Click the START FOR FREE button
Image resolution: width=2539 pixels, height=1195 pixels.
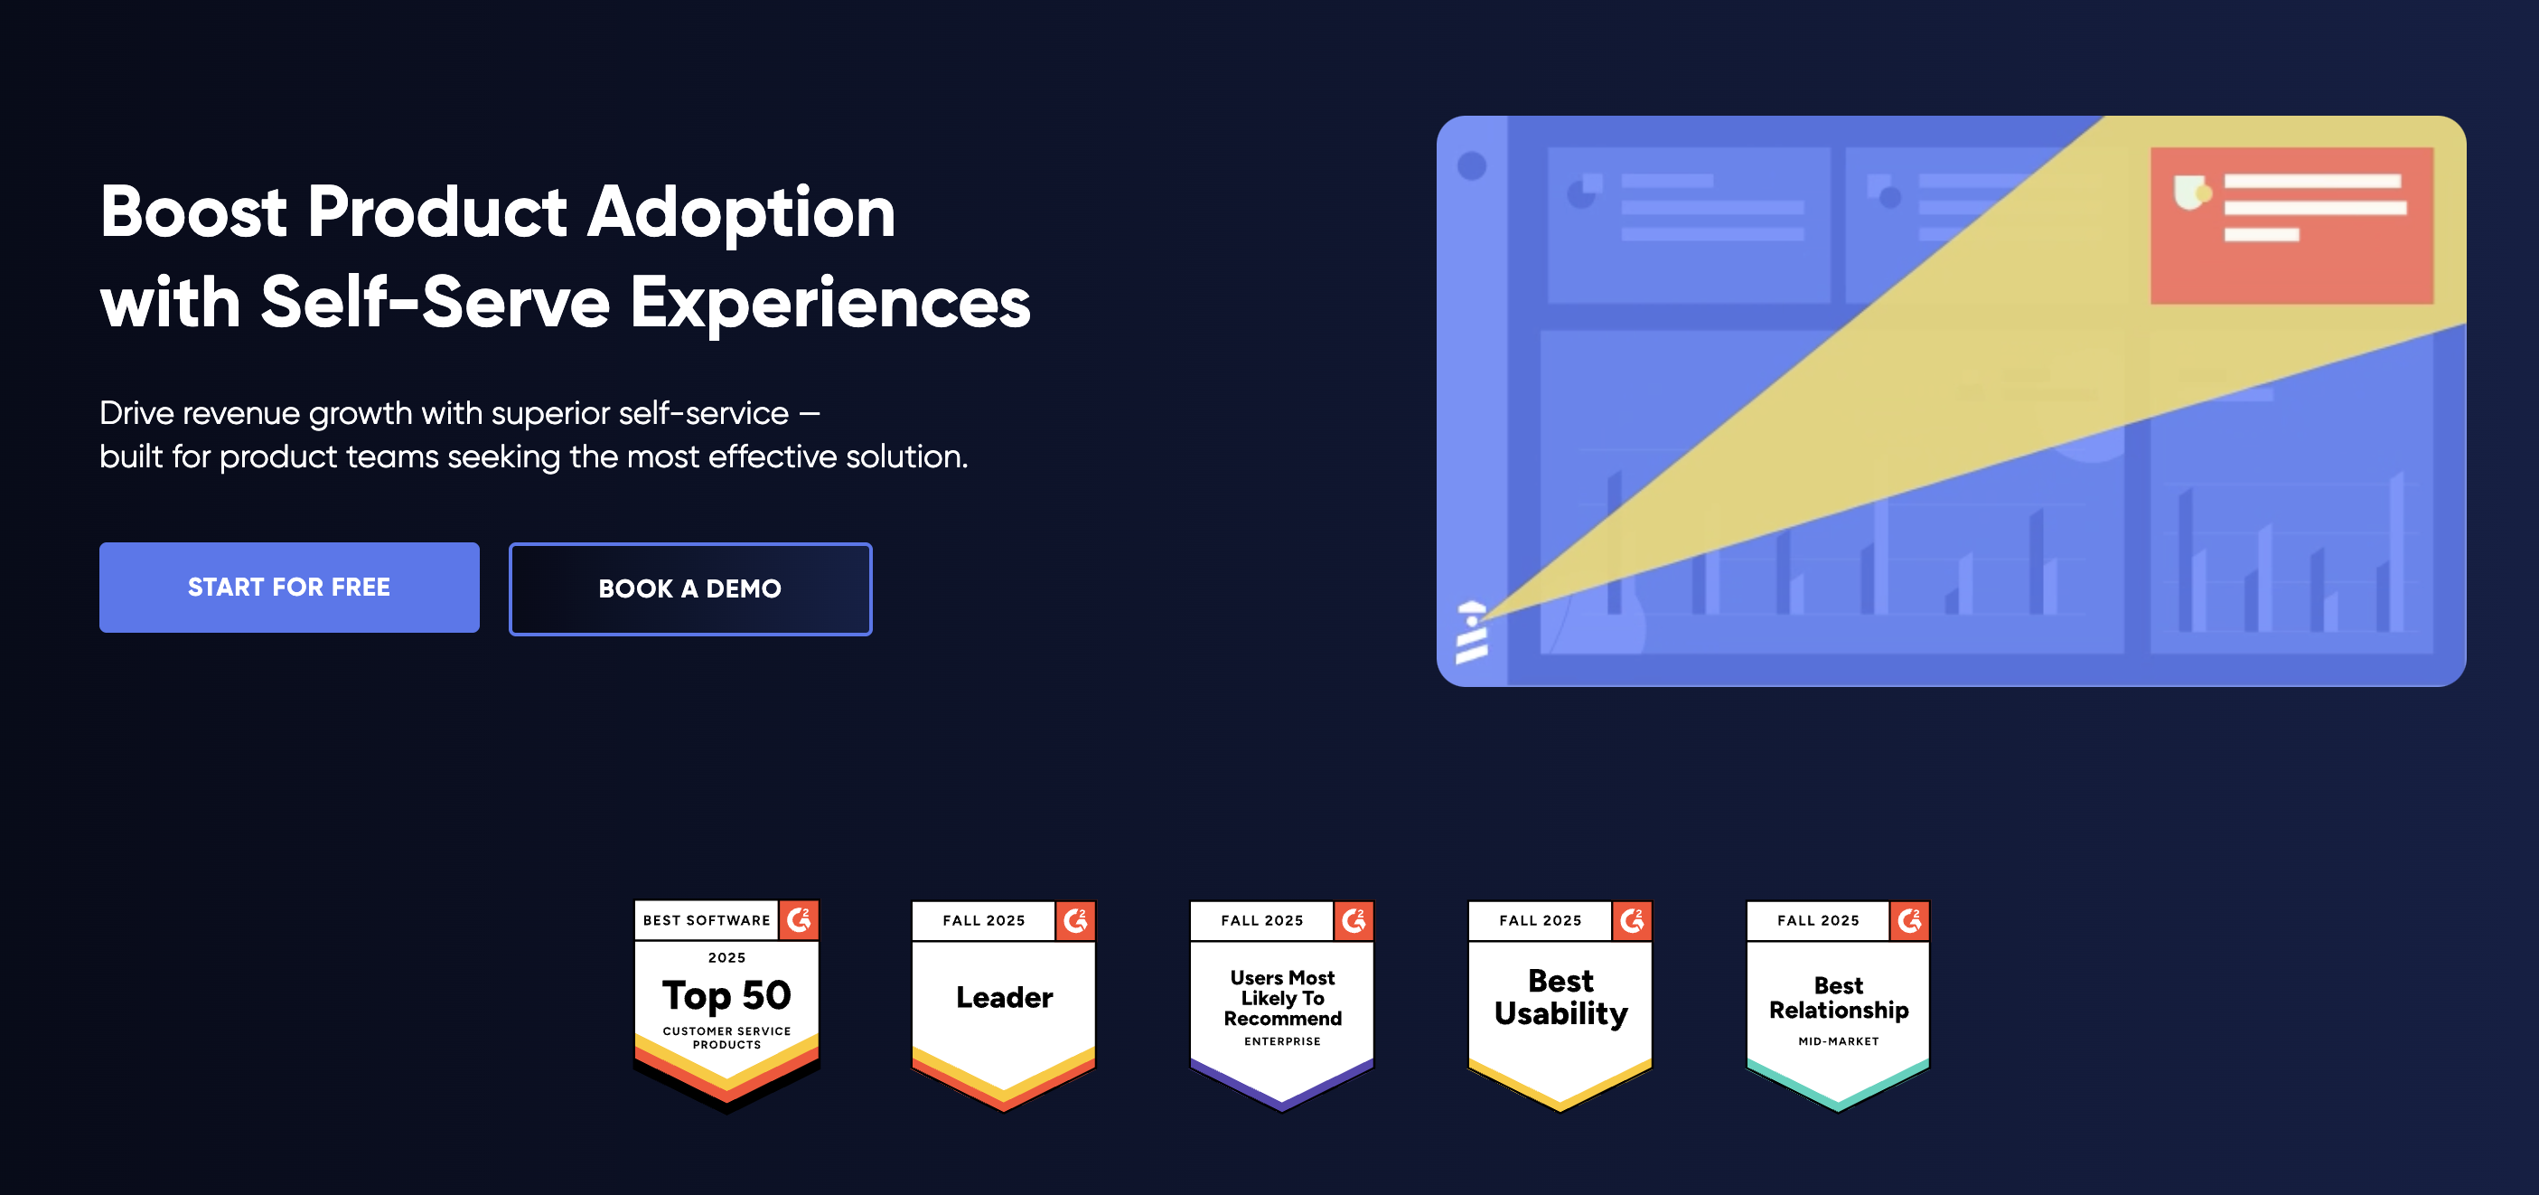pyautogui.click(x=289, y=588)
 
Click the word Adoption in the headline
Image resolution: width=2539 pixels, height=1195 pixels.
pyautogui.click(x=740, y=213)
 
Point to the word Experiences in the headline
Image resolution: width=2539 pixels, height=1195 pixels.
pyautogui.click(x=829, y=303)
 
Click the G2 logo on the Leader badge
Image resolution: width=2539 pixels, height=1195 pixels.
pyautogui.click(x=1075, y=920)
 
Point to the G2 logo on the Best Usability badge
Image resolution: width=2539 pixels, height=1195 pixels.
pyautogui.click(x=1632, y=920)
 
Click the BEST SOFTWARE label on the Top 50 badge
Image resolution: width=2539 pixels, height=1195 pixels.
pyautogui.click(x=706, y=920)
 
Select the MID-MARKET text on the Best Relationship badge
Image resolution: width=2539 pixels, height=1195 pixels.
pyautogui.click(x=1838, y=1041)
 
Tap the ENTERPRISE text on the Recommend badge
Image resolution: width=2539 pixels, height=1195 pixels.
pyautogui.click(x=1281, y=1041)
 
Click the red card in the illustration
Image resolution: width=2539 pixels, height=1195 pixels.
pyautogui.click(x=2291, y=225)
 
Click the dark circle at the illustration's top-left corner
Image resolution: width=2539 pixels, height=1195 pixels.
pyautogui.click(x=1472, y=165)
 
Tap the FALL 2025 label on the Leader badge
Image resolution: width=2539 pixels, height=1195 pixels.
pyautogui.click(x=983, y=920)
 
